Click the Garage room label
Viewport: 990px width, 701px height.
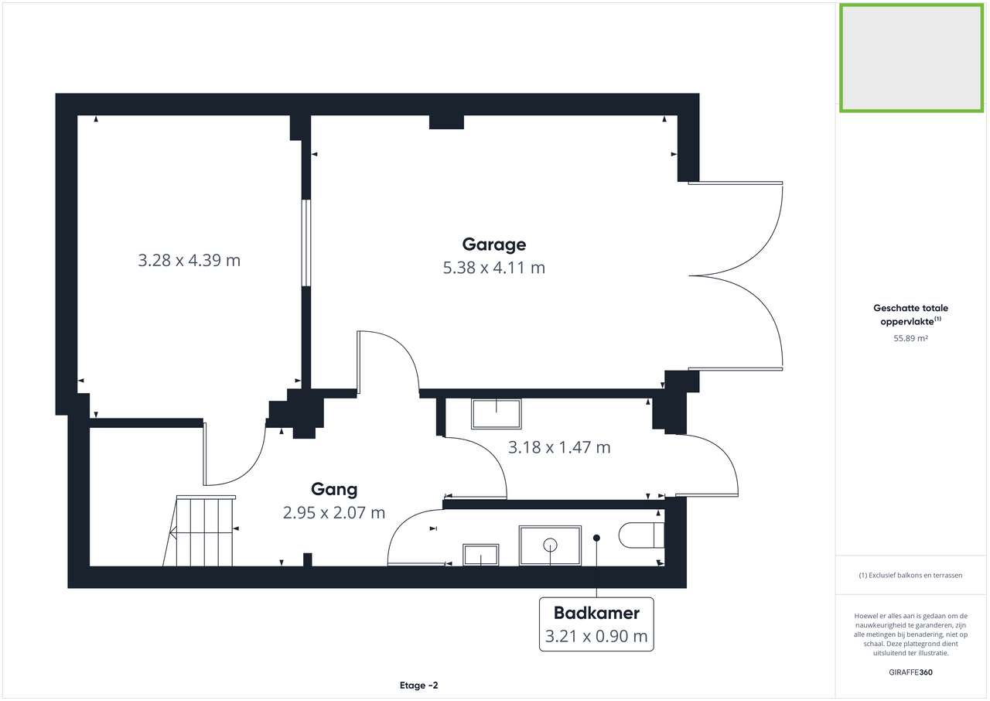(x=493, y=244)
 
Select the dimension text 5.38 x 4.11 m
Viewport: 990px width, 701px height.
(x=493, y=268)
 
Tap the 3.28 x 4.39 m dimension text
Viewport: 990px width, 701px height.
(x=189, y=260)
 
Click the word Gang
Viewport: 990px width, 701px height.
(x=334, y=489)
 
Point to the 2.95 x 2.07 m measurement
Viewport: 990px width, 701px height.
(x=334, y=512)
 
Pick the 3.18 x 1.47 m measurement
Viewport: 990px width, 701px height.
(x=558, y=447)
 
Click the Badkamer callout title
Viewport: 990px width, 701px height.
(x=596, y=614)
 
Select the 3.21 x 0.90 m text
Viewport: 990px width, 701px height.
(x=596, y=638)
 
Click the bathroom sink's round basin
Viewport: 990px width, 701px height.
(x=551, y=544)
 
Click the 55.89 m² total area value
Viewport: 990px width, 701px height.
(x=910, y=338)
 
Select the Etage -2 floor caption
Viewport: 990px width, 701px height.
(x=419, y=686)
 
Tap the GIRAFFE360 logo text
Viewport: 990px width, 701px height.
(x=910, y=672)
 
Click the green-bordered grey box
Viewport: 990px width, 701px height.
(x=911, y=58)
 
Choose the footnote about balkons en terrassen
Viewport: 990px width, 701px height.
(x=910, y=576)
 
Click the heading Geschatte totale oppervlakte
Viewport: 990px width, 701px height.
(x=910, y=314)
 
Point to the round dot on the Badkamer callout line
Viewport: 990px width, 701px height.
(x=596, y=538)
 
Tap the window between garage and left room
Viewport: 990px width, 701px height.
(x=306, y=243)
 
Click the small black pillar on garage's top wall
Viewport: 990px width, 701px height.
(x=446, y=121)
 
